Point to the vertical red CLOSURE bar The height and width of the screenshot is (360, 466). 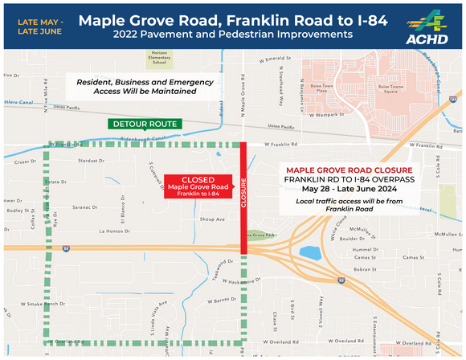click(243, 196)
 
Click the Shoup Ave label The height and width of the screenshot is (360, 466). click(213, 219)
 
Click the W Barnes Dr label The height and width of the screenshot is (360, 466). click(211, 300)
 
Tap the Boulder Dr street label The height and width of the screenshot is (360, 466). click(352, 239)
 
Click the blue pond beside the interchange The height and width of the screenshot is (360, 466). click(309, 255)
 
